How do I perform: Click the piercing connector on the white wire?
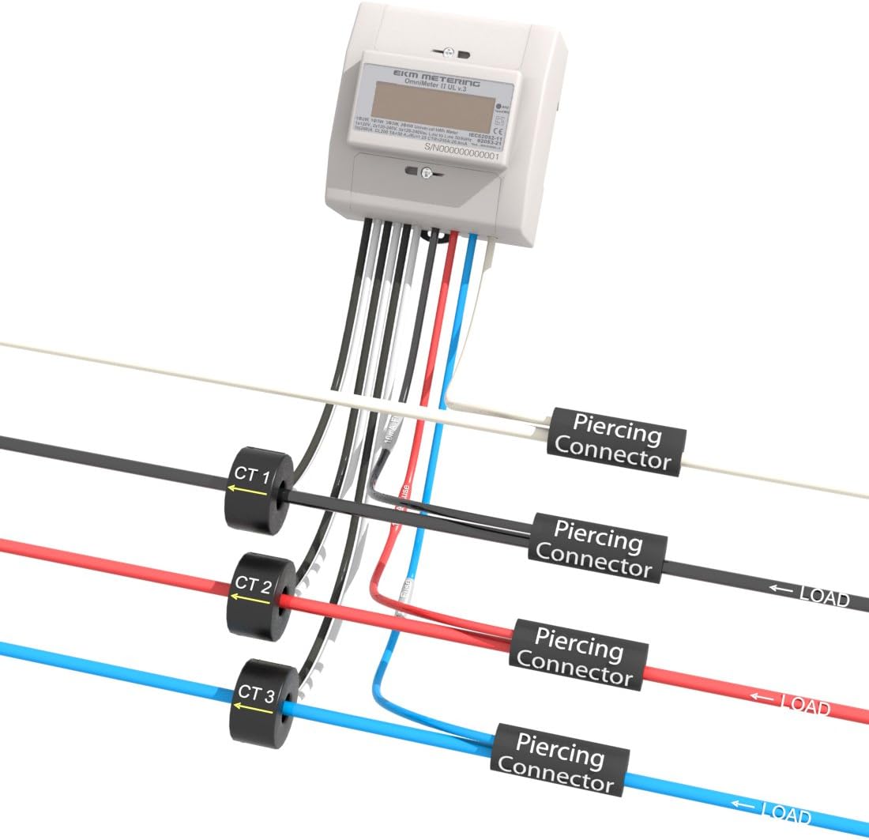coord(617,441)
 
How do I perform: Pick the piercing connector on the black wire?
coord(598,548)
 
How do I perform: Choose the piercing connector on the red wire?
coord(581,653)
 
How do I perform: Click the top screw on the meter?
coord(447,53)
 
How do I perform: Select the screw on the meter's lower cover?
coord(423,172)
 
